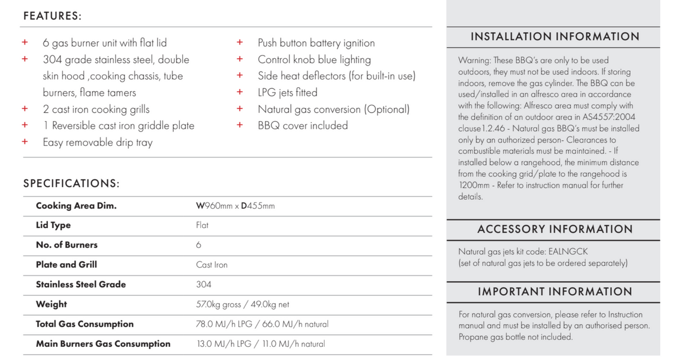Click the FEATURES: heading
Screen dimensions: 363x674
52,16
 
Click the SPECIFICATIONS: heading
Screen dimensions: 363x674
71,184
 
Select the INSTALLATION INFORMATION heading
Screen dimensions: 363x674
555,37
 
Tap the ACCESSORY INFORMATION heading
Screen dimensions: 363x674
555,229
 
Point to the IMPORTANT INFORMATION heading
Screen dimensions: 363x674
555,292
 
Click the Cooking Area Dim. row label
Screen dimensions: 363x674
76,206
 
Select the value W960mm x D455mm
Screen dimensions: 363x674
235,206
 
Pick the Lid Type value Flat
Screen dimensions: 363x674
202,225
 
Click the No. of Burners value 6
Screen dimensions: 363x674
199,245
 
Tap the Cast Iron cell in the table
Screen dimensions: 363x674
212,265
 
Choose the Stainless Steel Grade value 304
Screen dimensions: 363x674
204,284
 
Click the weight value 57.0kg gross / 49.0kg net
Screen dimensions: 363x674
243,304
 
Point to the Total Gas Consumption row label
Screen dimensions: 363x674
84,324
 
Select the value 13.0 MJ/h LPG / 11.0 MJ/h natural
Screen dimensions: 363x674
260,344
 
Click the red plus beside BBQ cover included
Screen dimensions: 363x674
240,125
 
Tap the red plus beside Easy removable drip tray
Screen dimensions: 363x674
24,142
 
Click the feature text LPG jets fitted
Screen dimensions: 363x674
288,93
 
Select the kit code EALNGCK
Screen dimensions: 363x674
569,251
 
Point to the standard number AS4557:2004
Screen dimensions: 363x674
606,117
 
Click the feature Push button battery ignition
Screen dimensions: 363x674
316,43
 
